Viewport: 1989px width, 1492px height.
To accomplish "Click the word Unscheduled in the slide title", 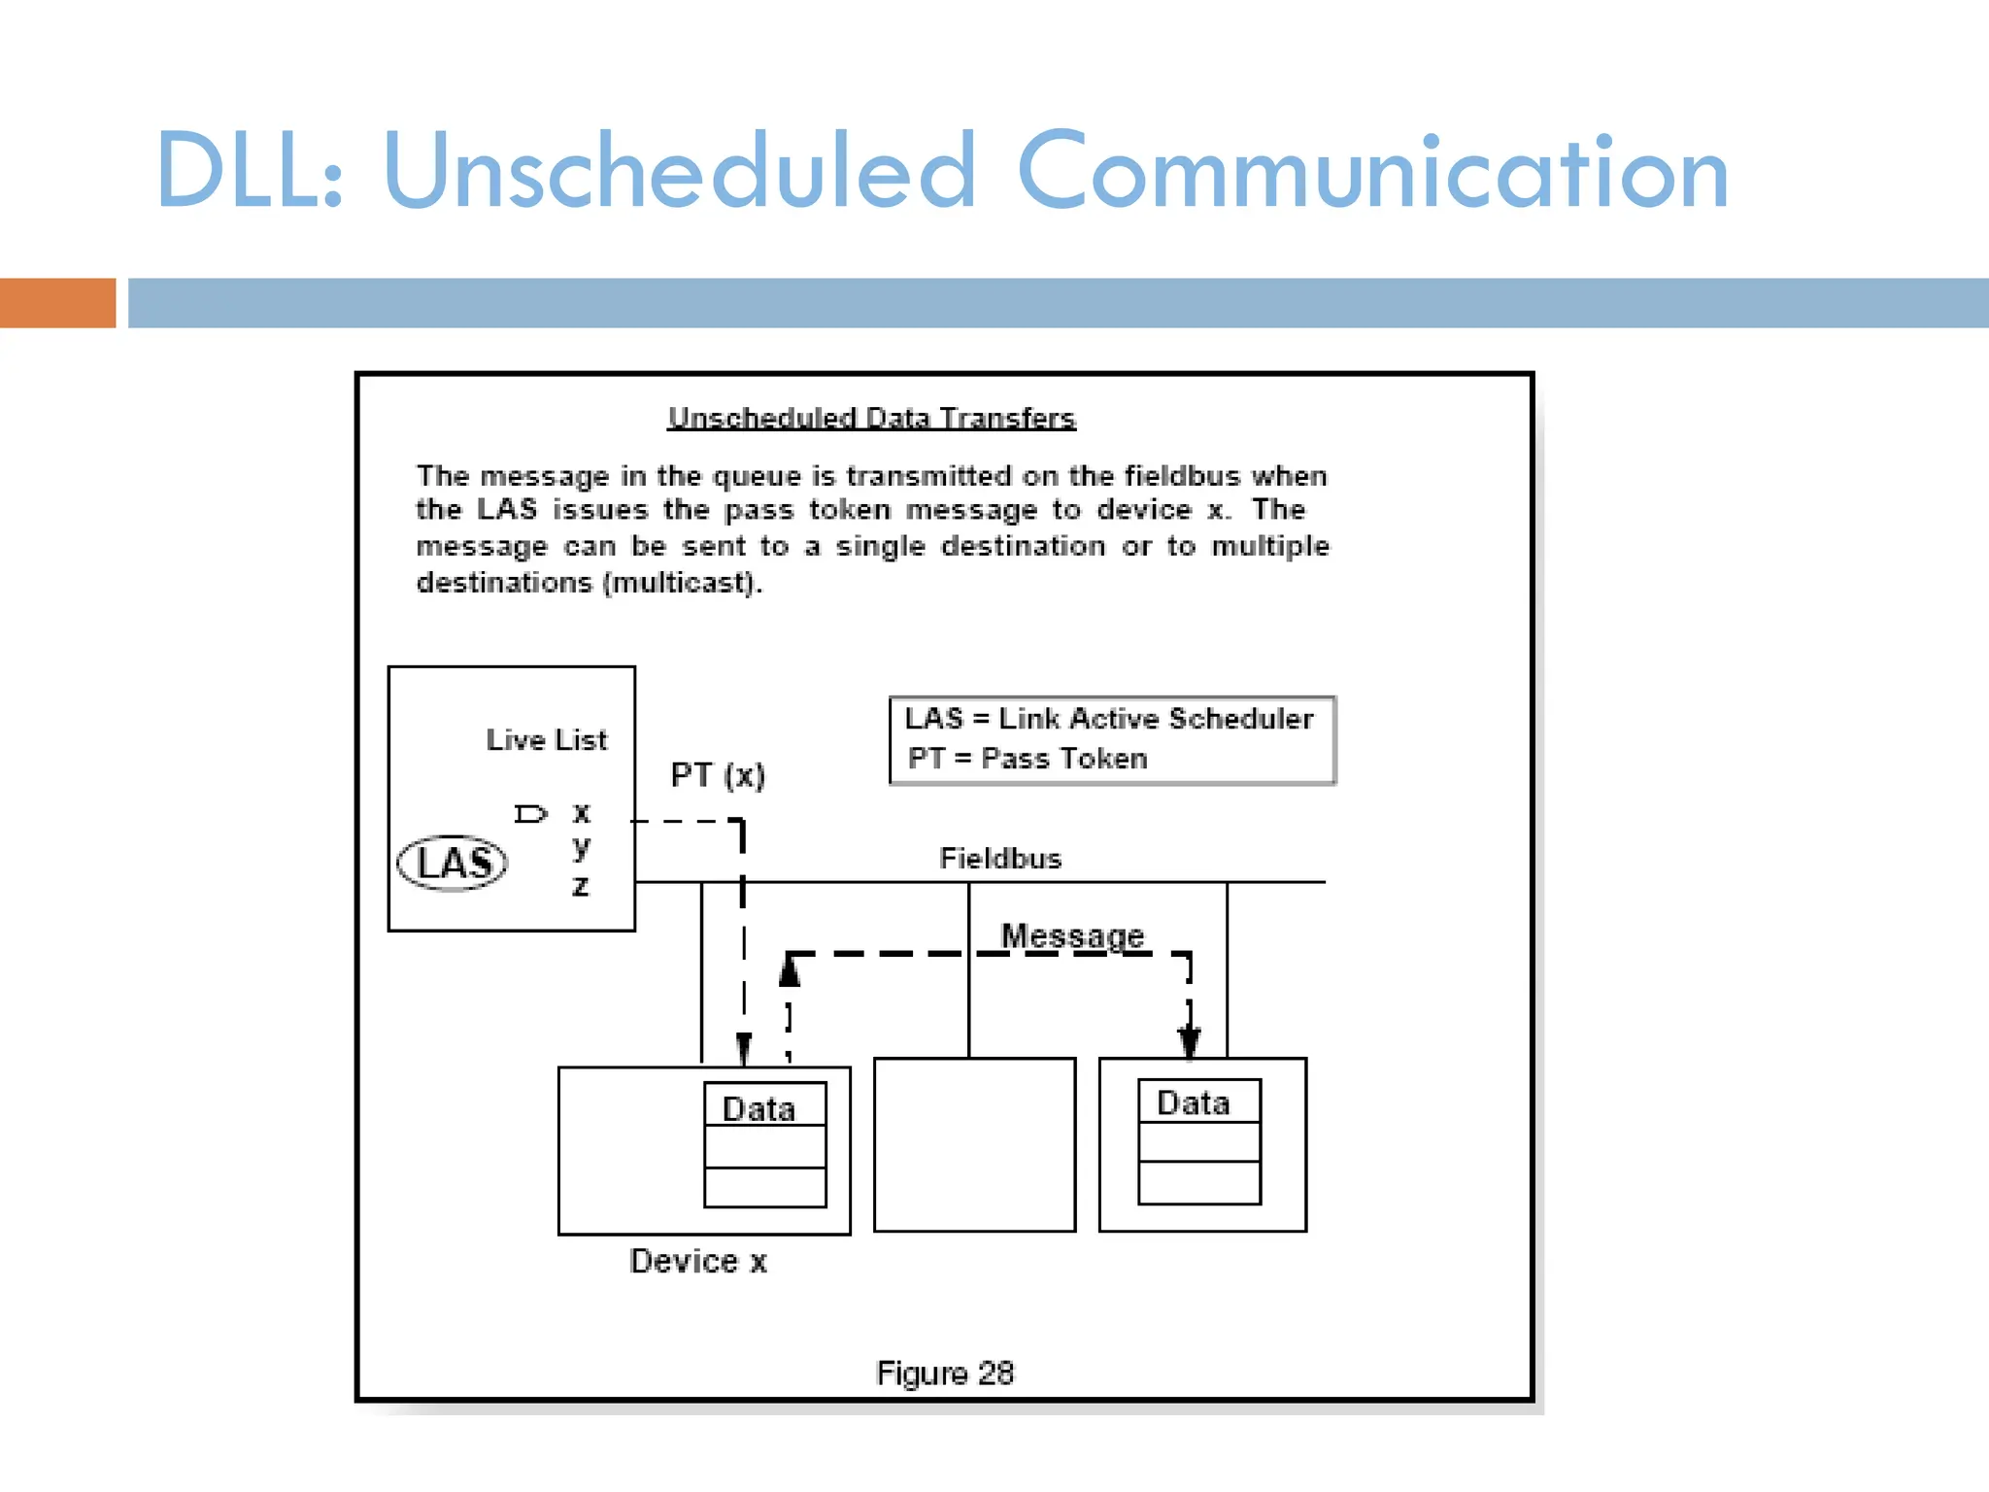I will tap(679, 172).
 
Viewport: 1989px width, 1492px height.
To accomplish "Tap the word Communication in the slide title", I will tap(1371, 172).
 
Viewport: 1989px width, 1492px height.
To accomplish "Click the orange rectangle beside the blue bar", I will tap(57, 303).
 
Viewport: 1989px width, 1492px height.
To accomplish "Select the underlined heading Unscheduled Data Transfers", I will tap(871, 419).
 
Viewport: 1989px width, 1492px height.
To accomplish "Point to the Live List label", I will tap(546, 740).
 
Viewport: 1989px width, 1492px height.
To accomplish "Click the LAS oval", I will tap(453, 863).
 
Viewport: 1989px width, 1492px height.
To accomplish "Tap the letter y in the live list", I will tap(581, 848).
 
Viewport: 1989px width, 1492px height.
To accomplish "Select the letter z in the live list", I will tap(580, 886).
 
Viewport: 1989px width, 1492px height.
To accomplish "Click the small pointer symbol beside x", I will tap(530, 814).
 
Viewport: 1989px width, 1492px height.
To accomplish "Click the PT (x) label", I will tap(718, 775).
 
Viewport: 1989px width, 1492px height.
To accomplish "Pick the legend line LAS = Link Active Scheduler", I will tap(1108, 719).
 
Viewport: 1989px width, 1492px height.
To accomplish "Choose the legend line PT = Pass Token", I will tap(1027, 759).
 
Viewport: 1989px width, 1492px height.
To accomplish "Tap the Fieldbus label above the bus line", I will tap(1000, 859).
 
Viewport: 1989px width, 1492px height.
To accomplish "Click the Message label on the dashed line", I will tap(1072, 935).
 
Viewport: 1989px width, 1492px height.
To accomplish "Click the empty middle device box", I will tap(974, 1145).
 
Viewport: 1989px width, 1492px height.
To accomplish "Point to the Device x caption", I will tap(698, 1262).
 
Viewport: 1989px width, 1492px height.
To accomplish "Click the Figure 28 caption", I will tap(944, 1373).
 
